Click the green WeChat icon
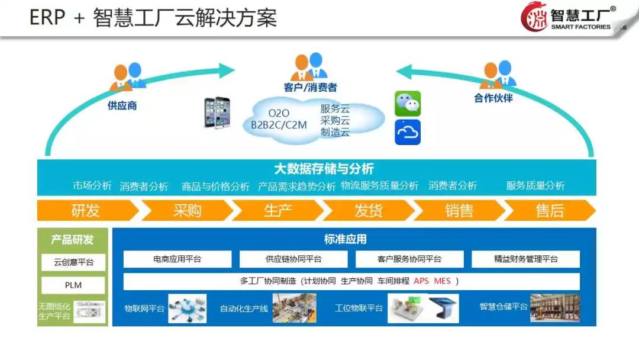(408, 104)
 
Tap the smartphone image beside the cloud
(217, 112)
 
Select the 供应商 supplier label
(122, 106)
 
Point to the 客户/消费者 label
(310, 88)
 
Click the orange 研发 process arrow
(86, 210)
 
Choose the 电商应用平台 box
(177, 259)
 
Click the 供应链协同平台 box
(293, 259)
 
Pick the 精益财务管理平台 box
(525, 259)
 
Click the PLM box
(73, 285)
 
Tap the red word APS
(421, 281)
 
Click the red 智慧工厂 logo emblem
(534, 17)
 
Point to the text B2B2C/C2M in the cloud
(279, 125)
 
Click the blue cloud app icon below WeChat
(408, 132)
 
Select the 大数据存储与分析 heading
(324, 169)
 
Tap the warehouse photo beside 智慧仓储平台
(554, 308)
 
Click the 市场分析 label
(92, 186)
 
